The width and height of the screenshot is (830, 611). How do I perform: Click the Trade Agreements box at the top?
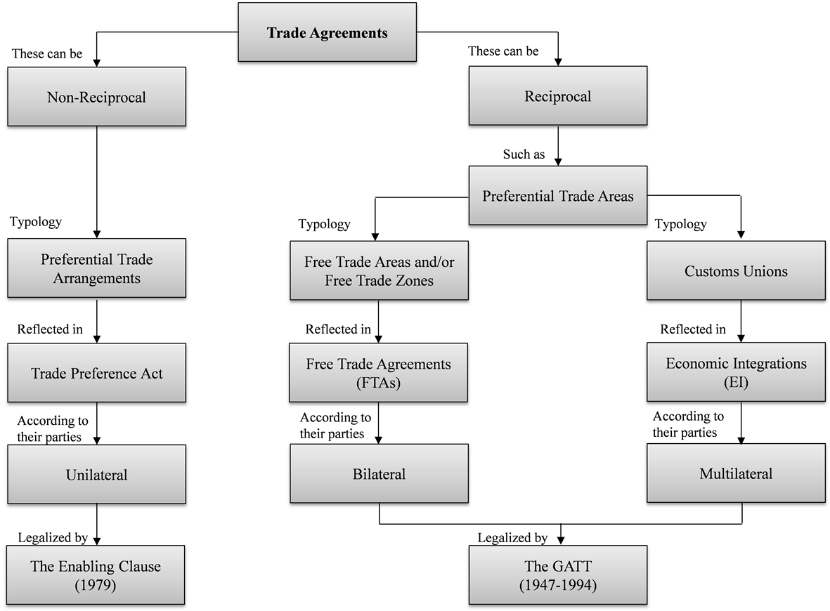pos(328,33)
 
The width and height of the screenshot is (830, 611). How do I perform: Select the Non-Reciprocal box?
pos(96,98)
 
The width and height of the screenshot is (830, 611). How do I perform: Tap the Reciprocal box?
pos(557,96)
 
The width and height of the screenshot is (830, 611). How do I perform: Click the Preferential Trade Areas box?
pos(557,196)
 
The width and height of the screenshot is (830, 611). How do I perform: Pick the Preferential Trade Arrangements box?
pos(96,269)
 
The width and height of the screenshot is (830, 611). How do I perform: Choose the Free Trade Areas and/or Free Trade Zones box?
pos(379,271)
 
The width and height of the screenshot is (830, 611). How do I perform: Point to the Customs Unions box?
pos(736,271)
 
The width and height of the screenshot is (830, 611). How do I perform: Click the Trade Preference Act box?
pos(96,373)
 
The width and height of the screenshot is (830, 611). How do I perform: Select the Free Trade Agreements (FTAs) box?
pos(379,373)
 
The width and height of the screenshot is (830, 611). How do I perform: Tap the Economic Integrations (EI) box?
pos(736,372)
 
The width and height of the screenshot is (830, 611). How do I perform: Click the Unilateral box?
pos(96,475)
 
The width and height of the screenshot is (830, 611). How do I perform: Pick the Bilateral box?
pos(379,474)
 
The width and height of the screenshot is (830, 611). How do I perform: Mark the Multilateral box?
pos(736,473)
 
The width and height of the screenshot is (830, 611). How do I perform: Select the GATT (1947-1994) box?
pos(557,575)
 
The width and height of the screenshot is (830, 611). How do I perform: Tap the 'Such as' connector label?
pos(524,155)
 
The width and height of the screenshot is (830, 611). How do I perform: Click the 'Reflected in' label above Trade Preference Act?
pos(50,329)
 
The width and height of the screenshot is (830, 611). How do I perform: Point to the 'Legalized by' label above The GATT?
pos(512,538)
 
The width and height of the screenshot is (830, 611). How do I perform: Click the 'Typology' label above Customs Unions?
pos(680,224)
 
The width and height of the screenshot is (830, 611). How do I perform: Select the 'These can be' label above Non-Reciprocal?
pos(47,53)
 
